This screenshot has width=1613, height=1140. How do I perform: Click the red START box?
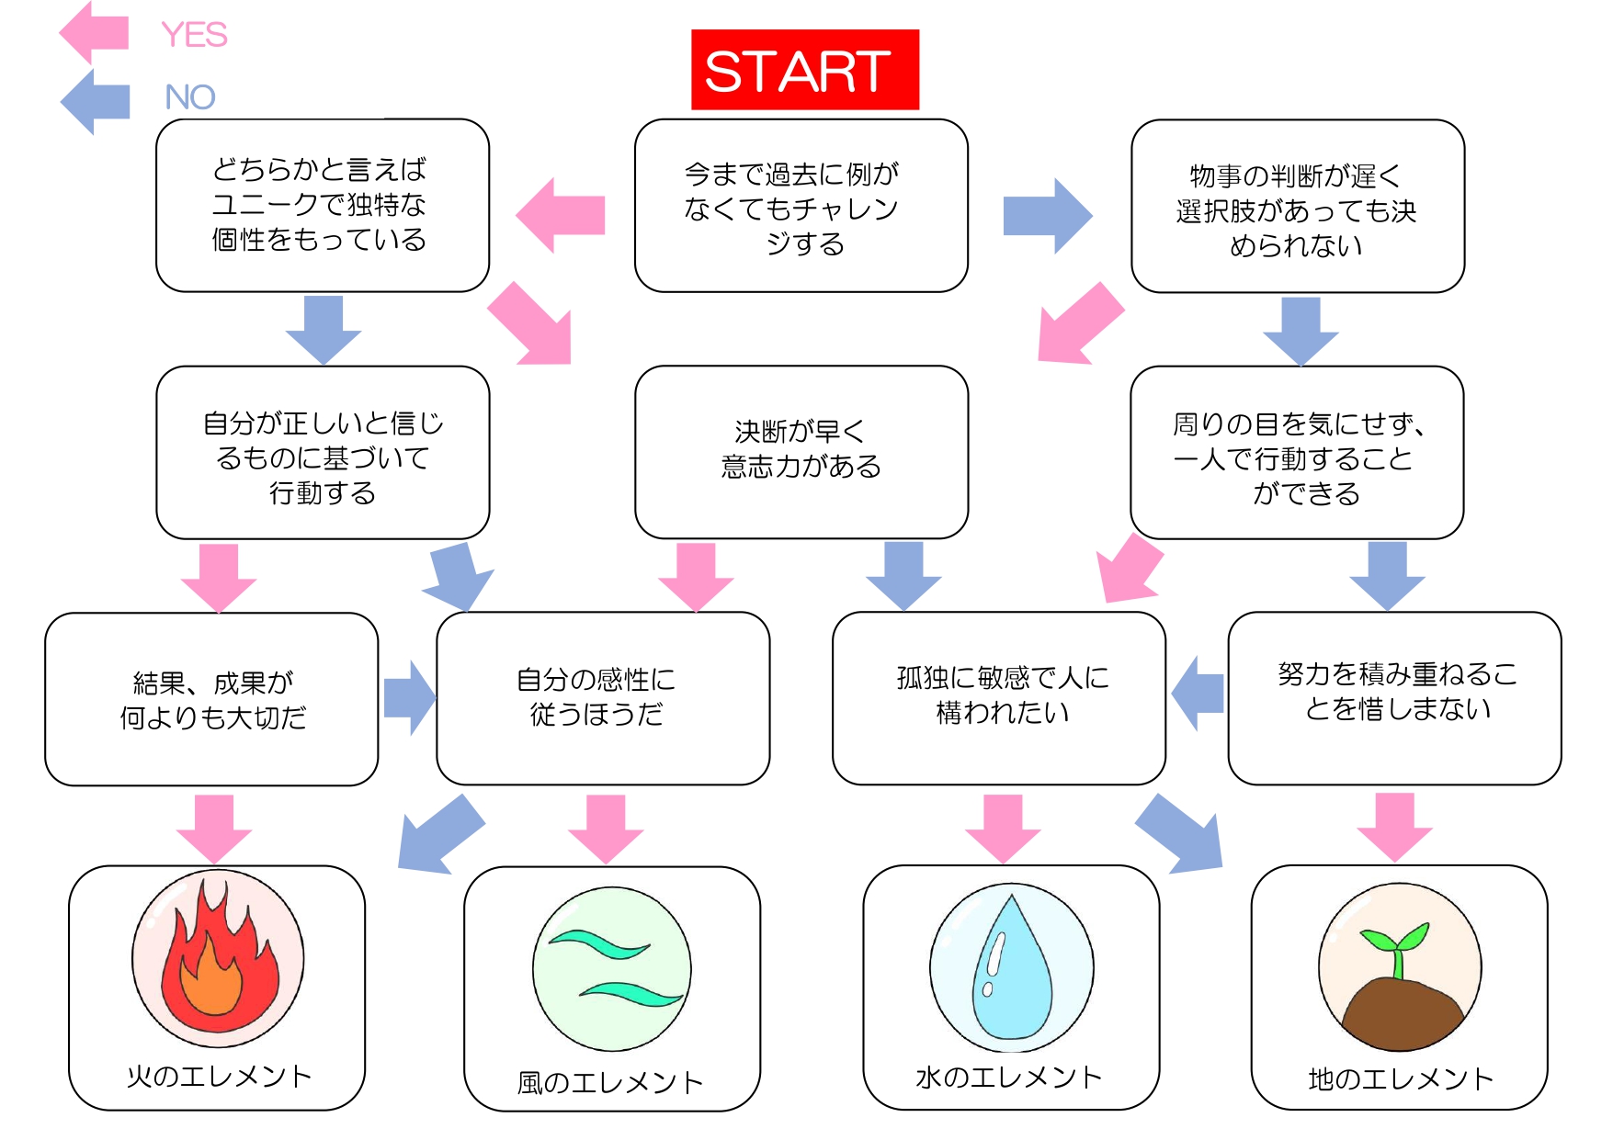tap(805, 70)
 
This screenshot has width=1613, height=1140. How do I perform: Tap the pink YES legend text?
tap(194, 35)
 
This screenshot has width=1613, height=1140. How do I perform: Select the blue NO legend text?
tap(190, 96)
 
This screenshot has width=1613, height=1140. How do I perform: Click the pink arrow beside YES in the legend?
tap(94, 33)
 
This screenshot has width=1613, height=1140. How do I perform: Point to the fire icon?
tap(219, 958)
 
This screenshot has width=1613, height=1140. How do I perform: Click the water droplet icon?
tap(1012, 966)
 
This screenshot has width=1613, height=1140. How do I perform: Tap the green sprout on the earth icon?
tap(1395, 948)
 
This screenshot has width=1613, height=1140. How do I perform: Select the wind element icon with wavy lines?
tap(612, 969)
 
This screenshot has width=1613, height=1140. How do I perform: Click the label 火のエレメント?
tap(219, 1076)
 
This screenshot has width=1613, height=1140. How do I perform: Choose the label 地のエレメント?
tap(1401, 1078)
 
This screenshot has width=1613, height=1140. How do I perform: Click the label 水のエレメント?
tap(1009, 1077)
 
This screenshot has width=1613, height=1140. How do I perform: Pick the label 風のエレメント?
tap(610, 1082)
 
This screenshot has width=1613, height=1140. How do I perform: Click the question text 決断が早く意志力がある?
tap(801, 449)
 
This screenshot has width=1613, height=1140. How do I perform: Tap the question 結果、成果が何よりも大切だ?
tap(213, 700)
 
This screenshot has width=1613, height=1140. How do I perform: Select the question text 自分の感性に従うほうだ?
tap(596, 696)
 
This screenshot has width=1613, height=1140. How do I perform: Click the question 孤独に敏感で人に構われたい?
tap(1003, 694)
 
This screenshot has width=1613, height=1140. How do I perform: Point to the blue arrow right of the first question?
tap(1048, 216)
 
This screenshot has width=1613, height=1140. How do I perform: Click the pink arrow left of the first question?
tap(561, 215)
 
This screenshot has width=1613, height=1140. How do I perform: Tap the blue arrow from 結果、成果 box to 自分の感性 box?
tap(409, 697)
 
